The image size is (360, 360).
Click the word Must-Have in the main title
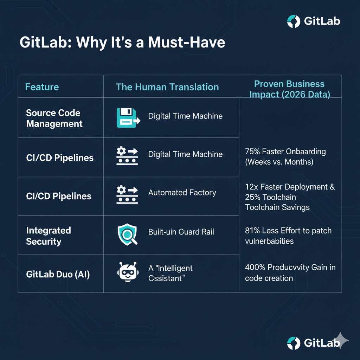(187, 42)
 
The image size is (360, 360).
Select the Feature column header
(42, 87)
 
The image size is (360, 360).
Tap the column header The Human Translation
(167, 87)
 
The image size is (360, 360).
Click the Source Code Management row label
(54, 118)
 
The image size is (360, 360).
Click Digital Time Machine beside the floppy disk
(185, 116)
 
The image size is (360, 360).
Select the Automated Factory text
(182, 193)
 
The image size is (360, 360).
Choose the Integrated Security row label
(49, 236)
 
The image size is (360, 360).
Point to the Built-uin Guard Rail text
(181, 232)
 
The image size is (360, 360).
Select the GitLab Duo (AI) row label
(58, 274)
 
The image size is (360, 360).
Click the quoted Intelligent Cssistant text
(171, 273)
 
